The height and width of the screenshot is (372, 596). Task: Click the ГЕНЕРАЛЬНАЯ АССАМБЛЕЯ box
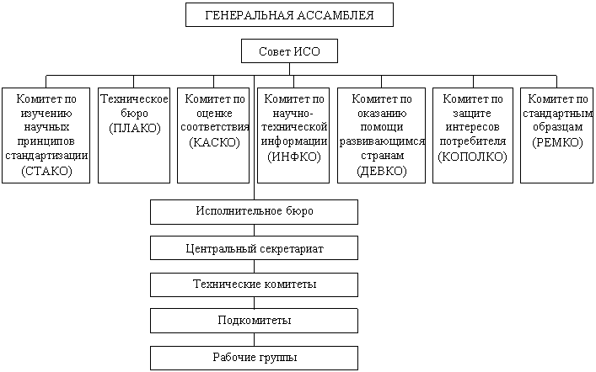289,15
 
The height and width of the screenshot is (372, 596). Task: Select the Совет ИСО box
289,52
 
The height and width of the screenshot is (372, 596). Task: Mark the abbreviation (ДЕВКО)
381,171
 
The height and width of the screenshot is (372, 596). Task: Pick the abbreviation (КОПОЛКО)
473,157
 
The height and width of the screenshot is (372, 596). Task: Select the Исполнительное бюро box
254,211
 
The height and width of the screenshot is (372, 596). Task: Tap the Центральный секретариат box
254,248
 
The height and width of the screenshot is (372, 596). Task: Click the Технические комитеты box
254,284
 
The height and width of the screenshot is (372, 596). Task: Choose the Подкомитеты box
254,322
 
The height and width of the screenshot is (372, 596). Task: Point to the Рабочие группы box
254,358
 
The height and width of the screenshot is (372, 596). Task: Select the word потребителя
473,141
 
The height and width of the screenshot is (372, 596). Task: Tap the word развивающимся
381,141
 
